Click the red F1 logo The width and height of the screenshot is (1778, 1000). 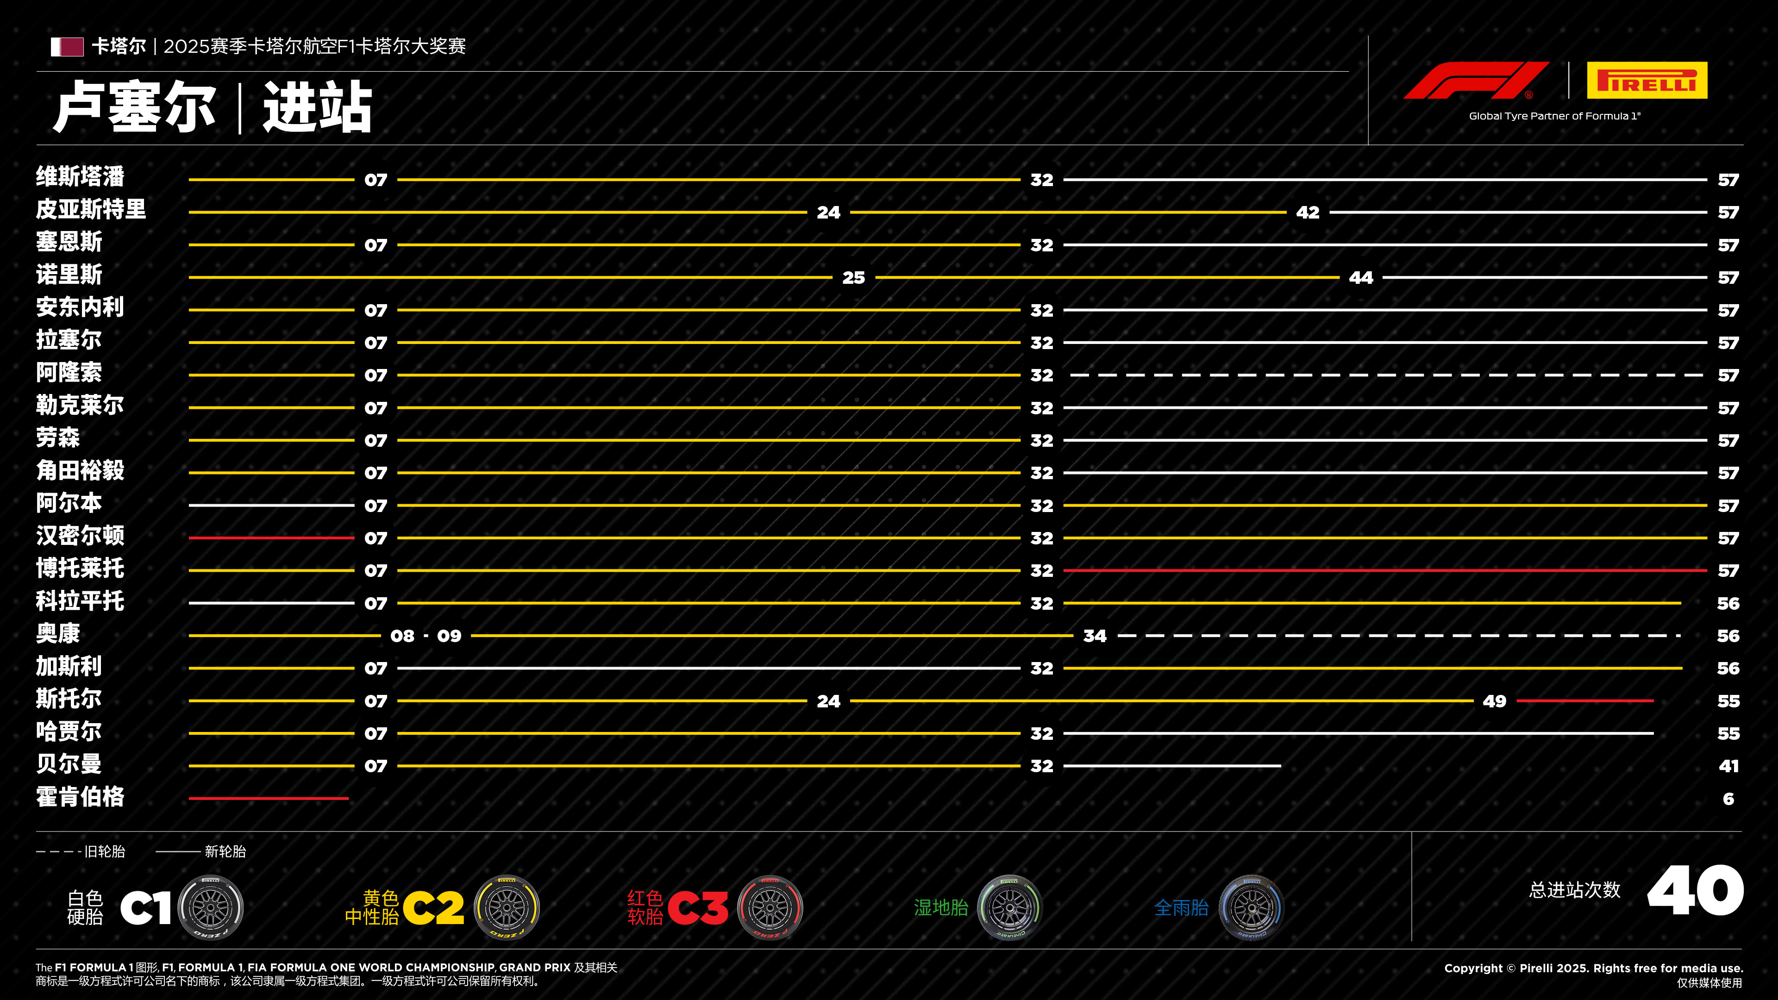click(x=1476, y=81)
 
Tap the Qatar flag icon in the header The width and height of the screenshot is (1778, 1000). click(x=67, y=47)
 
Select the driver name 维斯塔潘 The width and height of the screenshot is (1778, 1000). click(x=80, y=177)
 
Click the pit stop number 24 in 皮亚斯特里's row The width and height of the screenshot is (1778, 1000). click(x=828, y=212)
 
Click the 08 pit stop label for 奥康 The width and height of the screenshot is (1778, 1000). click(x=402, y=636)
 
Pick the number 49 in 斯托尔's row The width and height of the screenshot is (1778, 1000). click(x=1494, y=702)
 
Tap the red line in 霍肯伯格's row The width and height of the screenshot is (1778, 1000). click(x=269, y=799)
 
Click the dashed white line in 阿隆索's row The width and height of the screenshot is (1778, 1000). click(x=1384, y=375)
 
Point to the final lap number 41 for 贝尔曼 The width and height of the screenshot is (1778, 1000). click(x=1728, y=766)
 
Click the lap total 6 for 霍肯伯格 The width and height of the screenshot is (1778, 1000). click(x=1728, y=799)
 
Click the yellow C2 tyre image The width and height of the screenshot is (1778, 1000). click(x=507, y=907)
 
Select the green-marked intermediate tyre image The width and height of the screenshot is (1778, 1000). click(x=1009, y=907)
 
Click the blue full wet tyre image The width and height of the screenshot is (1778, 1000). click(x=1250, y=907)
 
